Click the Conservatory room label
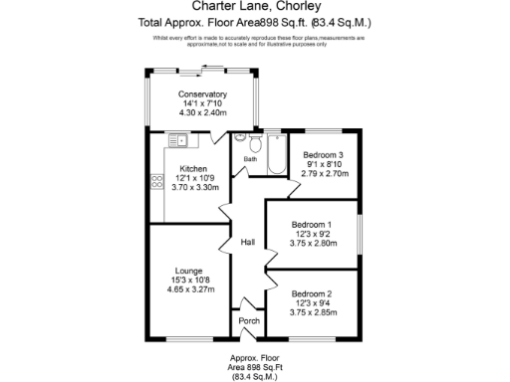pyautogui.click(x=203, y=95)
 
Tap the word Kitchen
pyautogui.click(x=193, y=169)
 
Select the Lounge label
pyautogui.click(x=189, y=271)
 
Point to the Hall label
pyautogui.click(x=249, y=243)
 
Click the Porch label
pyautogui.click(x=249, y=320)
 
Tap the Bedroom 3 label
pyautogui.click(x=324, y=155)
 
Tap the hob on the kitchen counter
pyautogui.click(x=156, y=182)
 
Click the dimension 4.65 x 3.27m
pyautogui.click(x=189, y=289)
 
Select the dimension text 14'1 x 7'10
pyautogui.click(x=203, y=103)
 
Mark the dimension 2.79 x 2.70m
pyautogui.click(x=324, y=173)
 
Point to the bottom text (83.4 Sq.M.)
pyautogui.click(x=256, y=376)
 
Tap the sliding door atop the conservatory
pyautogui.click(x=203, y=68)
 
